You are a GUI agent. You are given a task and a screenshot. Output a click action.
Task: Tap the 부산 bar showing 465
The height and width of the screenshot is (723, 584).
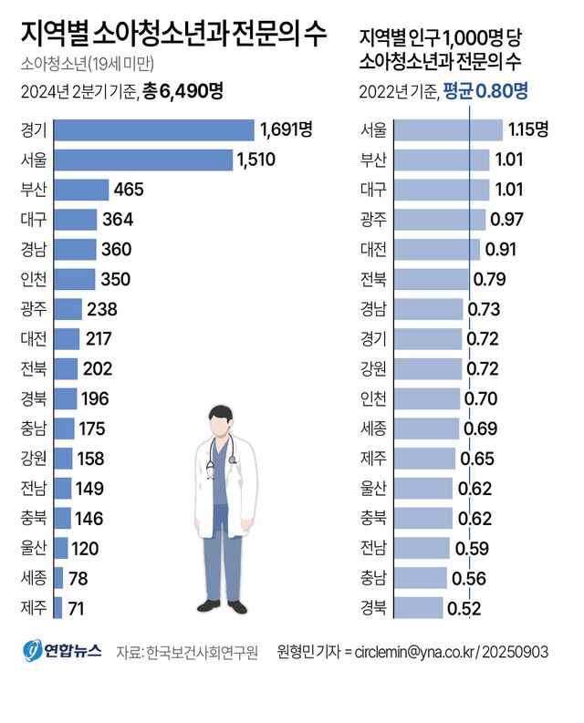(x=81, y=190)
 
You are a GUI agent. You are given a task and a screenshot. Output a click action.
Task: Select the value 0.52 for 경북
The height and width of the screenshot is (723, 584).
(x=464, y=607)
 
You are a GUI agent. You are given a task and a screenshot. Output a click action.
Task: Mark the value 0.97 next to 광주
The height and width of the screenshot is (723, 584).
(x=506, y=220)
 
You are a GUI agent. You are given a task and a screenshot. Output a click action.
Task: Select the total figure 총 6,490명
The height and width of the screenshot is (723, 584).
(x=182, y=90)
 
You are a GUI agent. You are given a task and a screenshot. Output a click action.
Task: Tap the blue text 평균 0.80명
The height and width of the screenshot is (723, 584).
(x=485, y=90)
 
